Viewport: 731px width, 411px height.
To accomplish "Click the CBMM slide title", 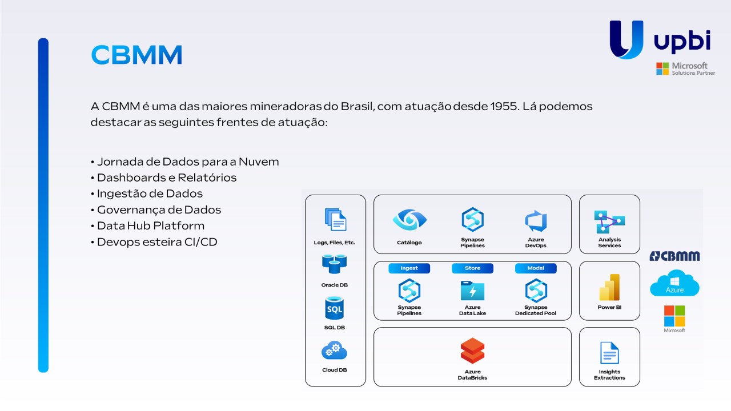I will [136, 55].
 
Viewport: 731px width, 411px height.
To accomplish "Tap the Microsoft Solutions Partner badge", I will [685, 69].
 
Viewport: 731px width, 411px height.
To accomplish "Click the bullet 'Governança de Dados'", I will [158, 209].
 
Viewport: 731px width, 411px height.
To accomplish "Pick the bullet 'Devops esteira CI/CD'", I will [156, 241].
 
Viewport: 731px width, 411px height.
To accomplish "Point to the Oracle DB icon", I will [334, 264].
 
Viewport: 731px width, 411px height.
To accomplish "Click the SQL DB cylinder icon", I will [334, 308].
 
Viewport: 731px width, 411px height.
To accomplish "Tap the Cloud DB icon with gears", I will [334, 350].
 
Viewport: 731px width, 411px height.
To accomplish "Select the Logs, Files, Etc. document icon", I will [335, 220].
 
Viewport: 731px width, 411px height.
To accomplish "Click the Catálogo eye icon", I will [409, 220].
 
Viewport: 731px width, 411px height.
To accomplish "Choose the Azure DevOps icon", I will [536, 221].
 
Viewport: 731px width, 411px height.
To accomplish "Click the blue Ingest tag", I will [409, 268].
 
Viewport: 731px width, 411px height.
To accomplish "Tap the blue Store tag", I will [472, 268].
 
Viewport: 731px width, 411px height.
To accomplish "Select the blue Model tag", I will [536, 268].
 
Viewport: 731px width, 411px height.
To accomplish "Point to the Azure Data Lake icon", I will [472, 291].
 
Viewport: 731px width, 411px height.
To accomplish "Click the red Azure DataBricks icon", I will [472, 350].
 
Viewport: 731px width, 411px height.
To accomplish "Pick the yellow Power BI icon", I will [609, 287].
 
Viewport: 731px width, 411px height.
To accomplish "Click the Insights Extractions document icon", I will [609, 353].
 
